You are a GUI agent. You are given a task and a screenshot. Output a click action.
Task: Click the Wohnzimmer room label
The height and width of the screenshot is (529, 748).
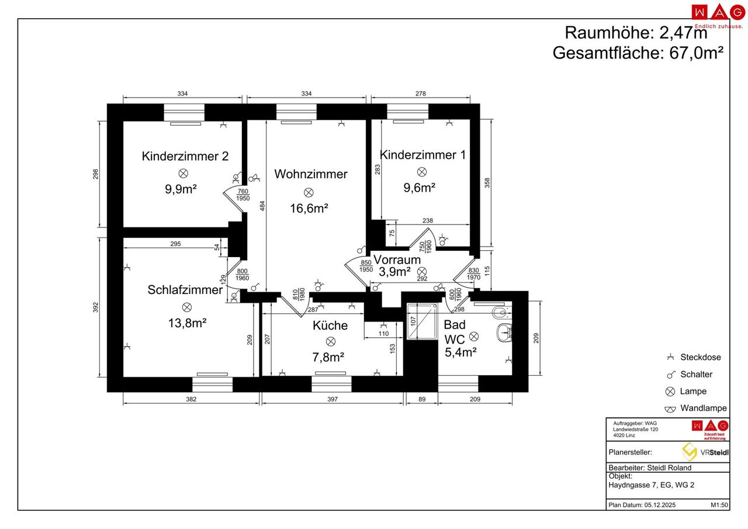pos(310,174)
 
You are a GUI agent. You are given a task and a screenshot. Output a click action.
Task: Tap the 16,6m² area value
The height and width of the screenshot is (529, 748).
pos(309,209)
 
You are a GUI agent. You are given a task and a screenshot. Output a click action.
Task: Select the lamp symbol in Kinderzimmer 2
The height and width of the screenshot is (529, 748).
pos(183,174)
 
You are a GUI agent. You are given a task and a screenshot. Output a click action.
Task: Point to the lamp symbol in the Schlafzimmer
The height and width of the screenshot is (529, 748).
pos(186,307)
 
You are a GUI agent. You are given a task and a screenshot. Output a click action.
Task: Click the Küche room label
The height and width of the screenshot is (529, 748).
pos(330,325)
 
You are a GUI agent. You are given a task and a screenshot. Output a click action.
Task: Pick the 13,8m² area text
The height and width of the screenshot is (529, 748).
pos(187,323)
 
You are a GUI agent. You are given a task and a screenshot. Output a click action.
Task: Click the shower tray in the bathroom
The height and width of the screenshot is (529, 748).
pos(422,321)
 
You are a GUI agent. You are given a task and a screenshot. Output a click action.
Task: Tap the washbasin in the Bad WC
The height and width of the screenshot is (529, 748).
pos(504,333)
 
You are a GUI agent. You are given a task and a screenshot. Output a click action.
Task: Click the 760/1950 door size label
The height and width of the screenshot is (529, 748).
pos(243,195)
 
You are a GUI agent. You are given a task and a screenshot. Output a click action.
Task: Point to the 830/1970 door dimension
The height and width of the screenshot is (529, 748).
pos(473,274)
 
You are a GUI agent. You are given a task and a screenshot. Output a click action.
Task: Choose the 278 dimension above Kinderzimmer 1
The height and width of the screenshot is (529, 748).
pos(420,94)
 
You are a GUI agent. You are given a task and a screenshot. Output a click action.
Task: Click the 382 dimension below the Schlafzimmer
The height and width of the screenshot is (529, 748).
pos(191,399)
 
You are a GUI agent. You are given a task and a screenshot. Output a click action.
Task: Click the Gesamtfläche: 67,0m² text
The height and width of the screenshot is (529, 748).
pos(638,53)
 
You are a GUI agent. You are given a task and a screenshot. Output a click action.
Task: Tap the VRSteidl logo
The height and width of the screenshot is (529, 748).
pos(705,452)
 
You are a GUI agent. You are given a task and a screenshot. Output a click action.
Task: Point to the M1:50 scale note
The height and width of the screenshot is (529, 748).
pos(719,505)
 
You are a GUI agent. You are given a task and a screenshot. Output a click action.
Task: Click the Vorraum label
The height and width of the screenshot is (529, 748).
pos(397,260)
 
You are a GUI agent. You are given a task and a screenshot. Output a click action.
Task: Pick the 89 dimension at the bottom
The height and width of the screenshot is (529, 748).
pos(422,399)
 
